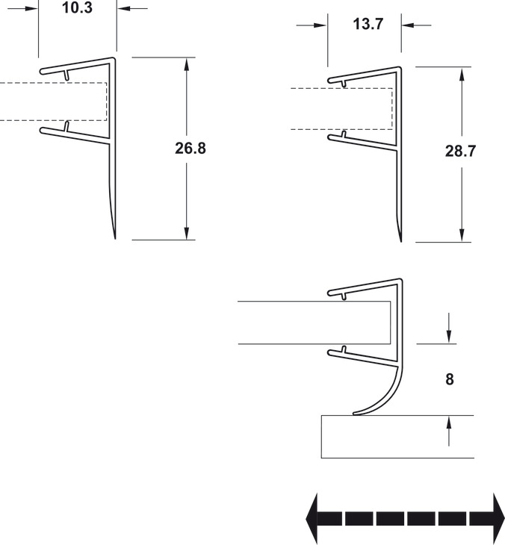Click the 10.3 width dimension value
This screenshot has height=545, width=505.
(x=77, y=7)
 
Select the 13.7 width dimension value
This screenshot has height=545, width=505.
(x=368, y=24)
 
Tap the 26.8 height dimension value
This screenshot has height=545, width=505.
(x=190, y=148)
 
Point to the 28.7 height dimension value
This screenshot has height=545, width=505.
(x=460, y=151)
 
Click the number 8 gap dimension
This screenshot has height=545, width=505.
(x=450, y=379)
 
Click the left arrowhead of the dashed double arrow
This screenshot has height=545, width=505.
(x=312, y=519)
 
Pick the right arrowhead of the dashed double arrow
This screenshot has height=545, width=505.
(x=499, y=519)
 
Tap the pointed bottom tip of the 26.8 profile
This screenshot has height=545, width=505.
(x=115, y=239)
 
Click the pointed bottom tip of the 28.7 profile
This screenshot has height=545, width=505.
(x=401, y=241)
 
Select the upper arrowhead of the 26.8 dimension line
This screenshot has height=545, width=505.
(x=187, y=64)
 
